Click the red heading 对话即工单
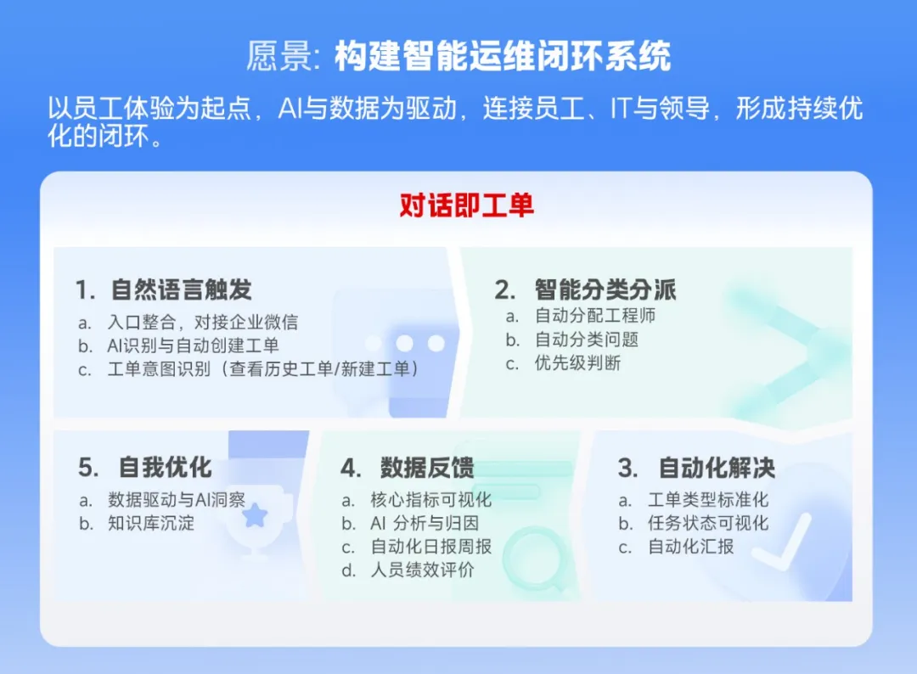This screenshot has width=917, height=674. (x=466, y=206)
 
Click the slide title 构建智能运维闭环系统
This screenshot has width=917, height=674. (x=502, y=57)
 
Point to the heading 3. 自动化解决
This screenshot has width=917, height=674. (x=696, y=468)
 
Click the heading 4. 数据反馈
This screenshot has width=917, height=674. (x=408, y=468)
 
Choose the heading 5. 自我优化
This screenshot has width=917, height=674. (x=145, y=468)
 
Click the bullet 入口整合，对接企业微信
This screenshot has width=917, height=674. (x=202, y=323)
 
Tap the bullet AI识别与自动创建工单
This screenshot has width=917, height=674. (x=193, y=345)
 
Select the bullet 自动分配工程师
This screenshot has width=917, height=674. (x=594, y=316)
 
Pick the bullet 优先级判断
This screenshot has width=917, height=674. (x=577, y=363)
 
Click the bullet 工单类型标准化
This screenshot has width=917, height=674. (x=708, y=500)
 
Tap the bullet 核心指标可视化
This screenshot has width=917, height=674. (x=430, y=500)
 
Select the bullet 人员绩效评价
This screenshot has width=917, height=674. (x=422, y=570)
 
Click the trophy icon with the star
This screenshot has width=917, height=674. (x=255, y=518)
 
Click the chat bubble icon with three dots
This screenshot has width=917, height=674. (x=406, y=348)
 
